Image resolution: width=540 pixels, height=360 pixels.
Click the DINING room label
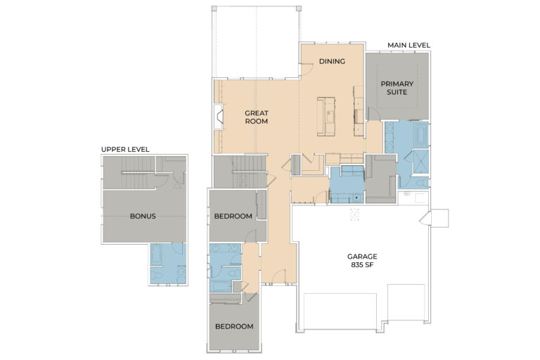coord(332,61)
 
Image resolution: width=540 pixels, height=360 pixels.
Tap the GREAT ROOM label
coord(257,117)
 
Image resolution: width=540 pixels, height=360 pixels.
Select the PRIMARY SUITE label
coord(397,88)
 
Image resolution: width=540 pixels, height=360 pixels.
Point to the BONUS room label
coord(143,216)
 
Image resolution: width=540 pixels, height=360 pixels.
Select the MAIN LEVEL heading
coord(409,46)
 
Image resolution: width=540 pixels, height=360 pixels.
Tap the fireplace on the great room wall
coord(219,117)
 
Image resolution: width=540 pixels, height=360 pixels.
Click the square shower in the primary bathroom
coord(420,158)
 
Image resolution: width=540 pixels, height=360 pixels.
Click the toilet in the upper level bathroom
coord(158,277)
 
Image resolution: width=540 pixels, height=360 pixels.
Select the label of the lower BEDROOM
coord(233,327)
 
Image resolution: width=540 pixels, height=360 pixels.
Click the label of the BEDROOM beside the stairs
coord(232,216)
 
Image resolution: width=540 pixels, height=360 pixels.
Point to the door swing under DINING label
coord(307,68)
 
